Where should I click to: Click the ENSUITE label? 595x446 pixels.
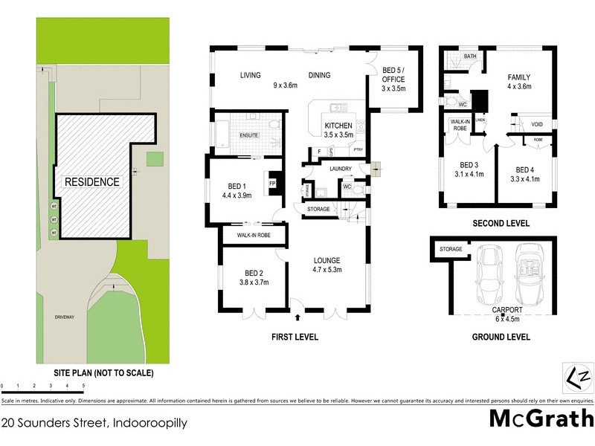click(x=248, y=135)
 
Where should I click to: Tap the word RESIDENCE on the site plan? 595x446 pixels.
click(x=91, y=181)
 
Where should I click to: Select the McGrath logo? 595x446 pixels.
click(x=541, y=418)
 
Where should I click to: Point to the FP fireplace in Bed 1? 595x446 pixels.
click(x=272, y=183)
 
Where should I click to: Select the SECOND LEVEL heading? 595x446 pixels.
click(x=501, y=223)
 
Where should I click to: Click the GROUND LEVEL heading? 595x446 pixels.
click(x=501, y=337)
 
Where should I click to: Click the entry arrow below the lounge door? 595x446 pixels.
click(x=298, y=317)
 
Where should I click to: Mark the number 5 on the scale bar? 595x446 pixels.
click(x=83, y=387)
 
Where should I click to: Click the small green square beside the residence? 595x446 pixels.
click(x=154, y=158)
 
